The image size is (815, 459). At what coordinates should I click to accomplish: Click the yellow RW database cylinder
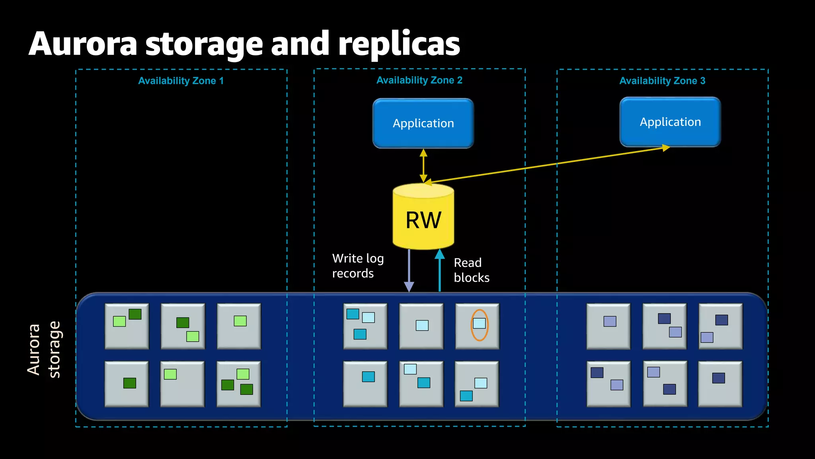pos(423,217)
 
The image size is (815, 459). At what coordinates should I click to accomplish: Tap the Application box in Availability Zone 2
pos(423,123)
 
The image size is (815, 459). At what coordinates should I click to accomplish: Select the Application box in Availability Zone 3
pos(670,122)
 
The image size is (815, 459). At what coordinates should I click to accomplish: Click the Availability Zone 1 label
pos(181,81)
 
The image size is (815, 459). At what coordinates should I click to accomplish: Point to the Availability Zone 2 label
pos(419,80)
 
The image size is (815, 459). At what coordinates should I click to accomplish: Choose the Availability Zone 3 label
pos(662,81)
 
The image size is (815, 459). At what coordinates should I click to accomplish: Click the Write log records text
pos(357,266)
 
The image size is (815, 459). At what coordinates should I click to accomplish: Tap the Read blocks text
pos(471,270)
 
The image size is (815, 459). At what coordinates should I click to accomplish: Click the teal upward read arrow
pos(439,271)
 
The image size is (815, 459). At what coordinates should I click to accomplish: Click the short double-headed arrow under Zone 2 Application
pos(423,166)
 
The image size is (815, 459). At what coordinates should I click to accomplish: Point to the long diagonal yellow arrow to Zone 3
pos(549,165)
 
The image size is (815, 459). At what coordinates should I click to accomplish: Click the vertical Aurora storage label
pos(44,350)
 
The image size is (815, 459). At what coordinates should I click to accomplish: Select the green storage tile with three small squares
pos(238,384)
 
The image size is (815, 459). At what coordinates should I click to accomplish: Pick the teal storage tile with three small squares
pos(365,326)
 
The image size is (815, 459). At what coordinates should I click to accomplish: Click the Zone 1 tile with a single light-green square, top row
pos(239,326)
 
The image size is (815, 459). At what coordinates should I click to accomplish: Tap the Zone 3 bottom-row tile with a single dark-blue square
pos(720,384)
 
